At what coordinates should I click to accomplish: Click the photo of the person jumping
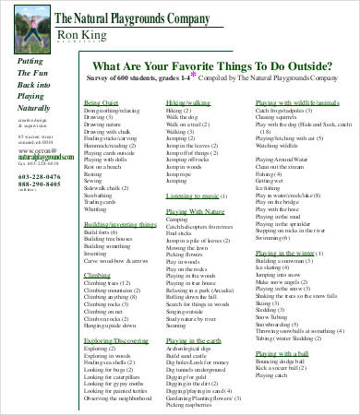coord(27,27)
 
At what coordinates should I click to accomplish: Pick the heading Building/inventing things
coord(119,225)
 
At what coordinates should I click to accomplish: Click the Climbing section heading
coord(98,274)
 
